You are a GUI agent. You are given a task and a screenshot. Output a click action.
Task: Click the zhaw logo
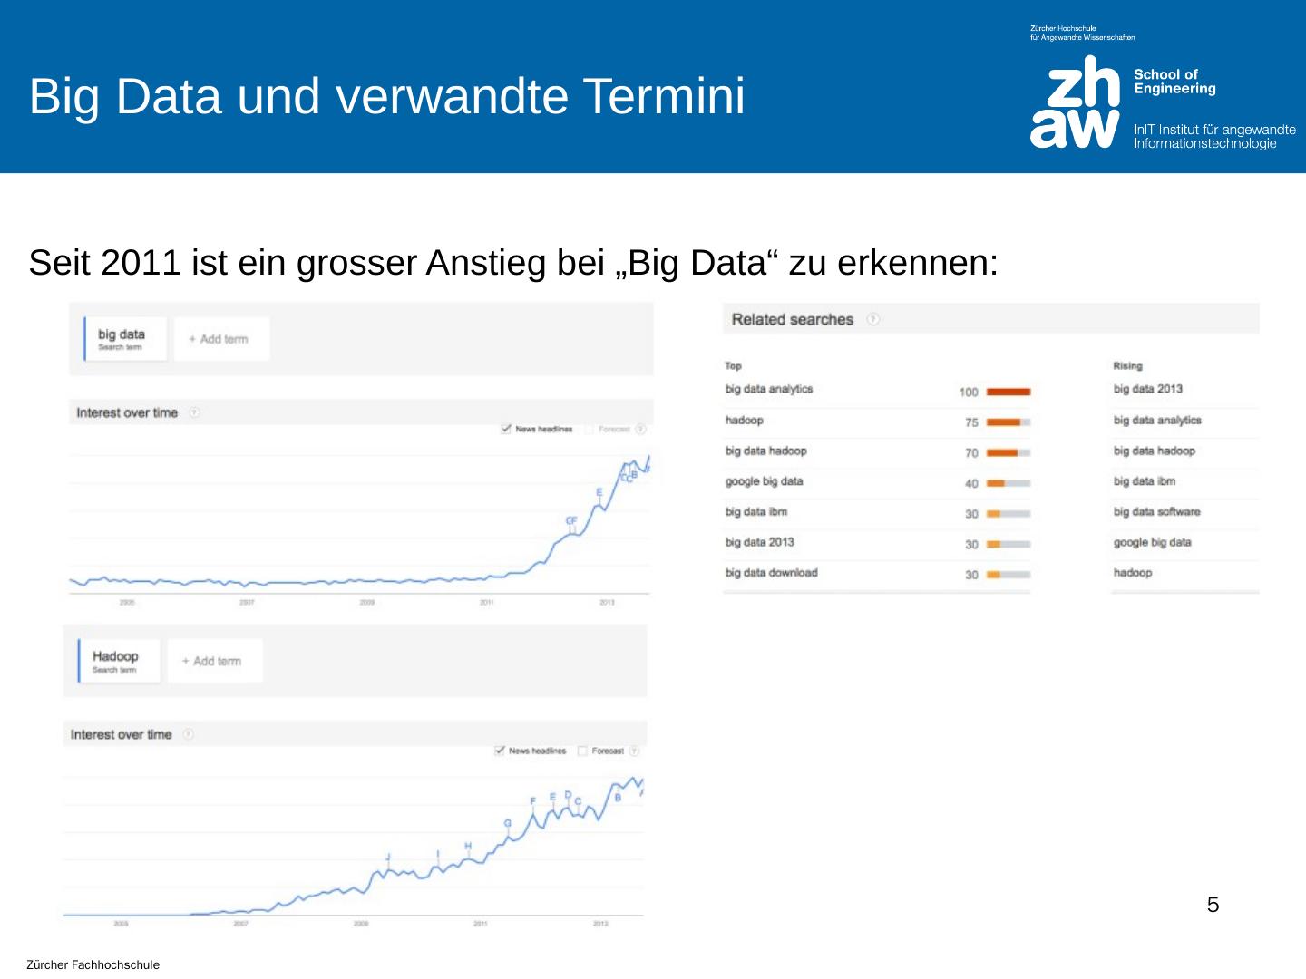pyautogui.click(x=1076, y=102)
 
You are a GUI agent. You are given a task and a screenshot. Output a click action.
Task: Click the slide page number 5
pyautogui.click(x=1213, y=905)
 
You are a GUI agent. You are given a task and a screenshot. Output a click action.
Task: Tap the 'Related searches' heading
pyautogui.click(x=792, y=319)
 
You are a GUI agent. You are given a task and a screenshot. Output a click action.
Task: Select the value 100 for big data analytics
pyautogui.click(x=969, y=393)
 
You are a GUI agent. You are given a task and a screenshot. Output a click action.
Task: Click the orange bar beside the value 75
pyautogui.click(x=1004, y=422)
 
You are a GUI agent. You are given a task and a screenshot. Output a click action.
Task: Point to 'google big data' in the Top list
pyautogui.click(x=764, y=481)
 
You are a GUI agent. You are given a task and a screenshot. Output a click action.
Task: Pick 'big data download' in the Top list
pyautogui.click(x=771, y=573)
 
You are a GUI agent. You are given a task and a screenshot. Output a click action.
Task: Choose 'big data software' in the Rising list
pyautogui.click(x=1156, y=512)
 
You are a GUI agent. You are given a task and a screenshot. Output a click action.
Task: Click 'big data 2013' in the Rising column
pyautogui.click(x=1147, y=389)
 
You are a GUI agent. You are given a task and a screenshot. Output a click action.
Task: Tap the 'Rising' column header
pyautogui.click(x=1127, y=366)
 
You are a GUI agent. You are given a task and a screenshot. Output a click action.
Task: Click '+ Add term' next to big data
pyautogui.click(x=219, y=339)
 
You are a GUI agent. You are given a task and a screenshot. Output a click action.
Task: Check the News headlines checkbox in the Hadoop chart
pyautogui.click(x=500, y=751)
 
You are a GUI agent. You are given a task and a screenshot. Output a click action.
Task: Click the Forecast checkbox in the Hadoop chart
pyautogui.click(x=582, y=751)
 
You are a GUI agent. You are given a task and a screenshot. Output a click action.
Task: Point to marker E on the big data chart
pyautogui.click(x=599, y=492)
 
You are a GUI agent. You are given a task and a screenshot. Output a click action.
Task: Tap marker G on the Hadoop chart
pyautogui.click(x=507, y=823)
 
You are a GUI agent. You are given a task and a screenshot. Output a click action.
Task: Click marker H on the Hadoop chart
pyautogui.click(x=468, y=847)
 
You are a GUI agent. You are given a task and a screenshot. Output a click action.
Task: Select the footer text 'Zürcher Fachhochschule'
pyautogui.click(x=93, y=965)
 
